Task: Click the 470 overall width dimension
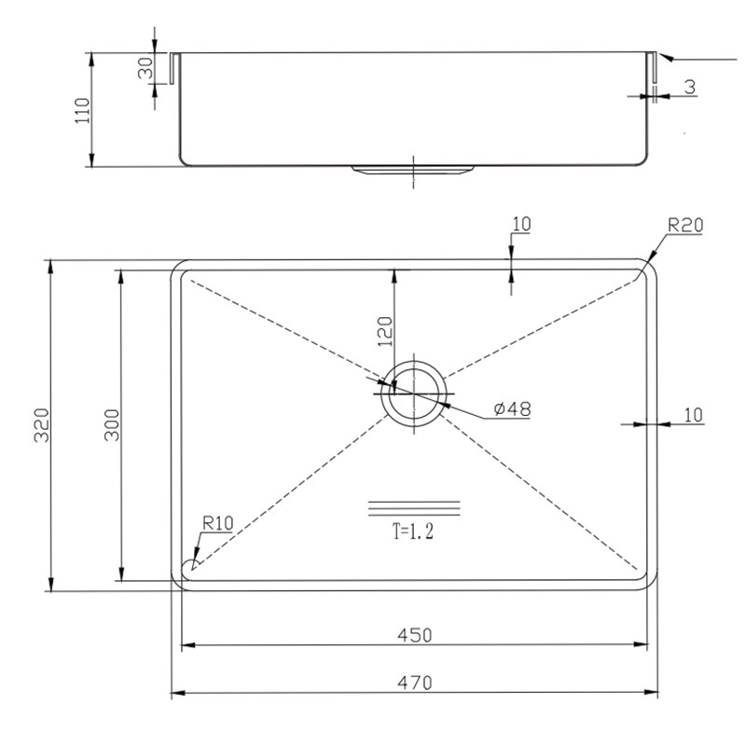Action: click(x=415, y=684)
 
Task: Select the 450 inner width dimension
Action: click(x=415, y=635)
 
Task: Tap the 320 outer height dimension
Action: click(x=42, y=425)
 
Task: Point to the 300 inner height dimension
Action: click(x=112, y=425)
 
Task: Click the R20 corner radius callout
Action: click(x=685, y=225)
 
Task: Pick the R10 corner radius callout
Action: click(x=218, y=523)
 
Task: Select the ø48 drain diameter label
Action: click(x=512, y=408)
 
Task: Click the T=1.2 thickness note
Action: click(x=413, y=532)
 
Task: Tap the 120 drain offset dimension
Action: click(x=385, y=331)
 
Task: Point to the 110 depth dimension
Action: click(x=82, y=110)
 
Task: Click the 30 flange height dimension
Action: click(x=145, y=68)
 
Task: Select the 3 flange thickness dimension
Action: click(x=690, y=87)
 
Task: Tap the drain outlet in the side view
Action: click(x=413, y=171)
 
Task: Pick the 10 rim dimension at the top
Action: click(x=521, y=224)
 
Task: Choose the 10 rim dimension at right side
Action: click(x=693, y=415)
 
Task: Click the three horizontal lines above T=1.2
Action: click(x=414, y=508)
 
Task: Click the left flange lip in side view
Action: click(x=174, y=68)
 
